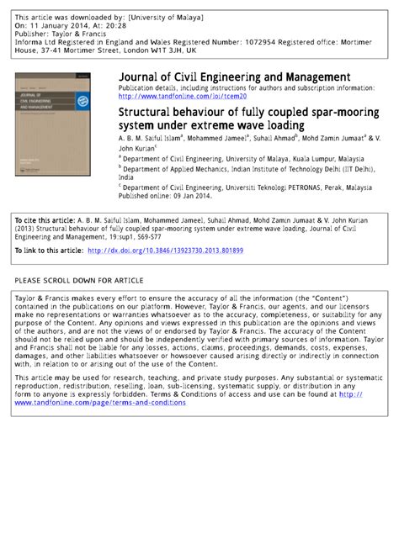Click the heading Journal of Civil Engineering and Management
[234, 77]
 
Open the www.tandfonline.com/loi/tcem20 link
[182, 97]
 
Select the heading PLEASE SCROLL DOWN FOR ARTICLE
[79, 280]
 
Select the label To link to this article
[48, 251]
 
